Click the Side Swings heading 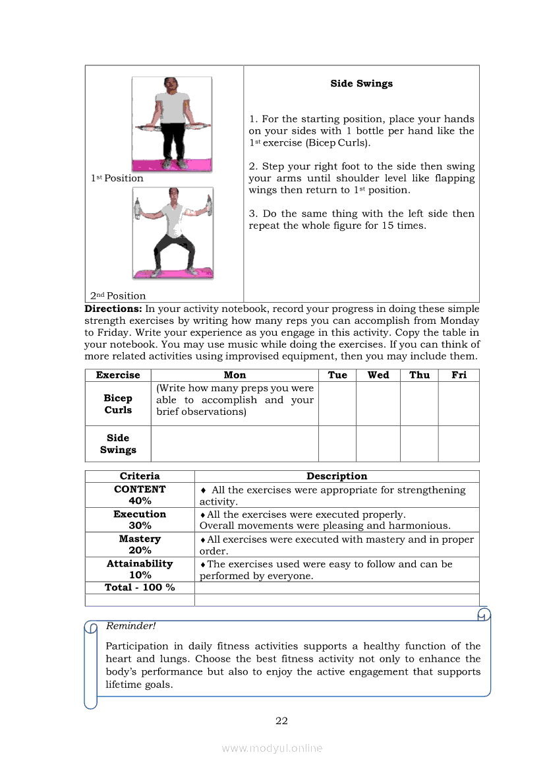click(x=361, y=84)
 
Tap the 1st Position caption click(x=117, y=178)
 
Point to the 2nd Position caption click(x=118, y=295)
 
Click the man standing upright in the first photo click(x=172, y=122)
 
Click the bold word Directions click(x=113, y=309)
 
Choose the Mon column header click(x=235, y=375)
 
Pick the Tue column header click(x=337, y=375)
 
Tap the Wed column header click(x=378, y=375)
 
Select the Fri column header click(x=459, y=375)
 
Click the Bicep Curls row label click(x=118, y=404)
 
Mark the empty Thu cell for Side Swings click(x=419, y=443)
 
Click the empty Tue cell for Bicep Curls click(x=337, y=404)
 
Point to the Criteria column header click(x=140, y=476)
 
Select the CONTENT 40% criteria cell click(x=140, y=495)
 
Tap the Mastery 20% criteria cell click(x=140, y=544)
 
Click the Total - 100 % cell click(x=140, y=587)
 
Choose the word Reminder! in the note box click(x=131, y=626)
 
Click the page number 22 click(x=281, y=721)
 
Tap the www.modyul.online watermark click(x=272, y=748)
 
